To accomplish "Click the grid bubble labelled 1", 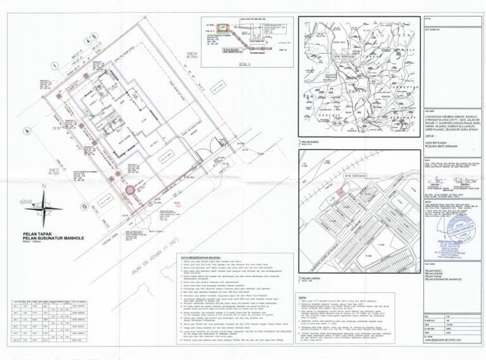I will point(55,66).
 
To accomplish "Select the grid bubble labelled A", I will point(27,131).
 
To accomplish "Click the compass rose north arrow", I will point(43,203).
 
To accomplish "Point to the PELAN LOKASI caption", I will point(311,278).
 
